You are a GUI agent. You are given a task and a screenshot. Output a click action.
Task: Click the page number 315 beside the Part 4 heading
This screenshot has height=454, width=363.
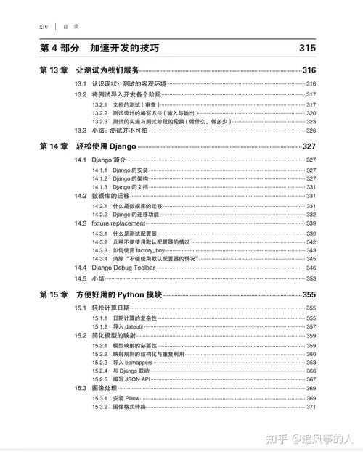click(307, 49)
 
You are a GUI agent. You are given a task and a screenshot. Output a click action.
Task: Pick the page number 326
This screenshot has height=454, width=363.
click(311, 131)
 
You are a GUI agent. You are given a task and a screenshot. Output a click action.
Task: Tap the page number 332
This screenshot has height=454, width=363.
click(311, 215)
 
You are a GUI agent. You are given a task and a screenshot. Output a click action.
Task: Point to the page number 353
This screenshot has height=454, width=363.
click(311, 278)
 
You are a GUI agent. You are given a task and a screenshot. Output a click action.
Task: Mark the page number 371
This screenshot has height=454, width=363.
click(311, 407)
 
